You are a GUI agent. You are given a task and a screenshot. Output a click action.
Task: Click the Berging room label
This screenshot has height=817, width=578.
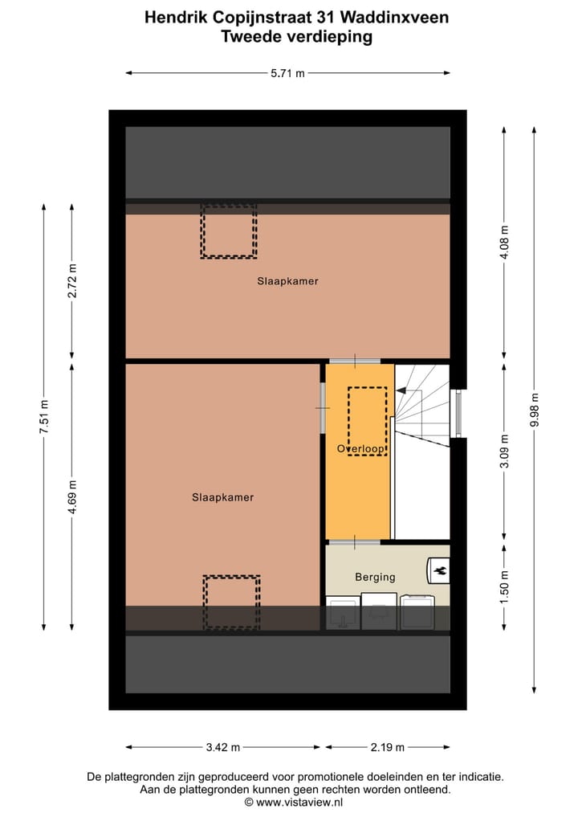[375, 577]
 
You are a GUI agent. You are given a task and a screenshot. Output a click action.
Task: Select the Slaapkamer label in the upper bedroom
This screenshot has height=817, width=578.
[287, 281]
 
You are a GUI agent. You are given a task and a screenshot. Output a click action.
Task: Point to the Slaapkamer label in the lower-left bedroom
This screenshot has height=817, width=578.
[222, 497]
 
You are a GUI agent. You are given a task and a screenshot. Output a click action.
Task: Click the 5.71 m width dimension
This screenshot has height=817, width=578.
[287, 73]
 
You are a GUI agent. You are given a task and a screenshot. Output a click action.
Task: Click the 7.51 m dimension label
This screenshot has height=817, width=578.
[45, 417]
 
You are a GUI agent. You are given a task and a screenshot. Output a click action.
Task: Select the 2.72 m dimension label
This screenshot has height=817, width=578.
[72, 281]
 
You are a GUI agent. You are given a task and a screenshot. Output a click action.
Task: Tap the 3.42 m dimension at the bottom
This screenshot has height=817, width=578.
[222, 747]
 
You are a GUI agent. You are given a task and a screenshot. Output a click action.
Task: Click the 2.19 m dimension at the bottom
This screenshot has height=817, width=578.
[385, 747]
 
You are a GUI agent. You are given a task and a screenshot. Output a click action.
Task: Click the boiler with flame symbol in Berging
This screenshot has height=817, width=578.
[439, 571]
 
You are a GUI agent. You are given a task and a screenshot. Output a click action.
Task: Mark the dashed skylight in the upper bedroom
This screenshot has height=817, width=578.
[228, 231]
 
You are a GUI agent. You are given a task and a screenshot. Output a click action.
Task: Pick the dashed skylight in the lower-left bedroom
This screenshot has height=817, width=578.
[231, 602]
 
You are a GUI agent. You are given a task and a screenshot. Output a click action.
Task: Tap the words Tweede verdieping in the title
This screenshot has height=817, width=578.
[296, 36]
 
